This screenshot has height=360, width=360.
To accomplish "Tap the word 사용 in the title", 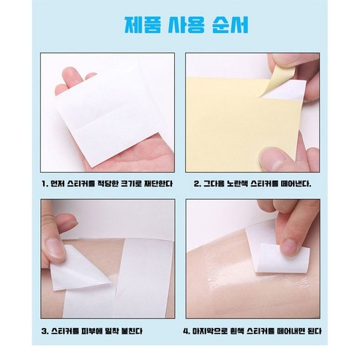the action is pos(186,25).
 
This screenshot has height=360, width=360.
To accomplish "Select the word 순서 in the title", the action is pos(230,25).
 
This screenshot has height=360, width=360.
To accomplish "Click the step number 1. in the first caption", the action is pos(45,184).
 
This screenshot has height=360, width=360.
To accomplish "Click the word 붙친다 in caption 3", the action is pos(132,331).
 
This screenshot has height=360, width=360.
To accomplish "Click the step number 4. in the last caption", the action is pos(187,331).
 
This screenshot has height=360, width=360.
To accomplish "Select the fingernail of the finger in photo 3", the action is pos(54,248).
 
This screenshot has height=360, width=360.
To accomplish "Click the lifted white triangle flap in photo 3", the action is pos(76,269).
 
